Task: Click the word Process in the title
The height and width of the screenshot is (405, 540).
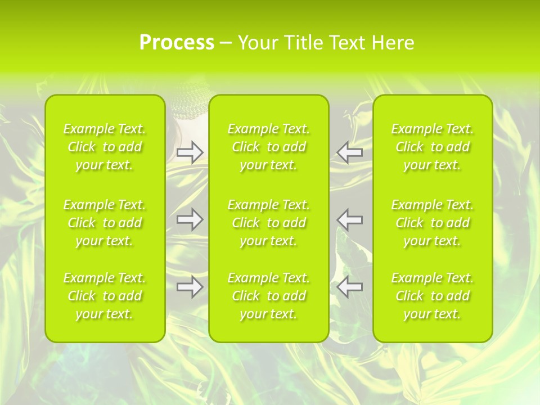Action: tap(177, 43)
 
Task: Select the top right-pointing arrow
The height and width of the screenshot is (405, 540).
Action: tap(190, 152)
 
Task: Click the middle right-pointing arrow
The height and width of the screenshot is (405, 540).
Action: tap(190, 219)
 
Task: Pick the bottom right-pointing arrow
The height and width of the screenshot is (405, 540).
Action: tap(190, 287)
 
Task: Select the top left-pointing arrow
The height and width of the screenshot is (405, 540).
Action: tap(350, 152)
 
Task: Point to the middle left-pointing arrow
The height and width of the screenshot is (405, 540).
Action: tap(350, 219)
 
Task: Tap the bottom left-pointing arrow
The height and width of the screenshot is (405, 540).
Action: tap(350, 287)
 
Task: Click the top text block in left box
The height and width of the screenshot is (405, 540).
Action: tap(105, 147)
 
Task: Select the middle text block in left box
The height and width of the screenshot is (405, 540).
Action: tap(105, 223)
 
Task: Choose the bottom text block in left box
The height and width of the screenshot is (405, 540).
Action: tap(105, 296)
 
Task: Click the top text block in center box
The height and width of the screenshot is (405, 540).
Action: tap(269, 147)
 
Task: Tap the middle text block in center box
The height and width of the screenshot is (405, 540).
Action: tap(269, 223)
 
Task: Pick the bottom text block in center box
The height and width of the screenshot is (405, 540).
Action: tap(269, 296)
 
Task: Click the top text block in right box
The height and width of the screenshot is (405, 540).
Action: tap(433, 147)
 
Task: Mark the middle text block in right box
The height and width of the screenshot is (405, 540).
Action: tap(433, 223)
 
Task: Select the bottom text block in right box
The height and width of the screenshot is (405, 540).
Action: tap(433, 296)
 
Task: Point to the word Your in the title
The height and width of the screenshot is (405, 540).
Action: tap(257, 43)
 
